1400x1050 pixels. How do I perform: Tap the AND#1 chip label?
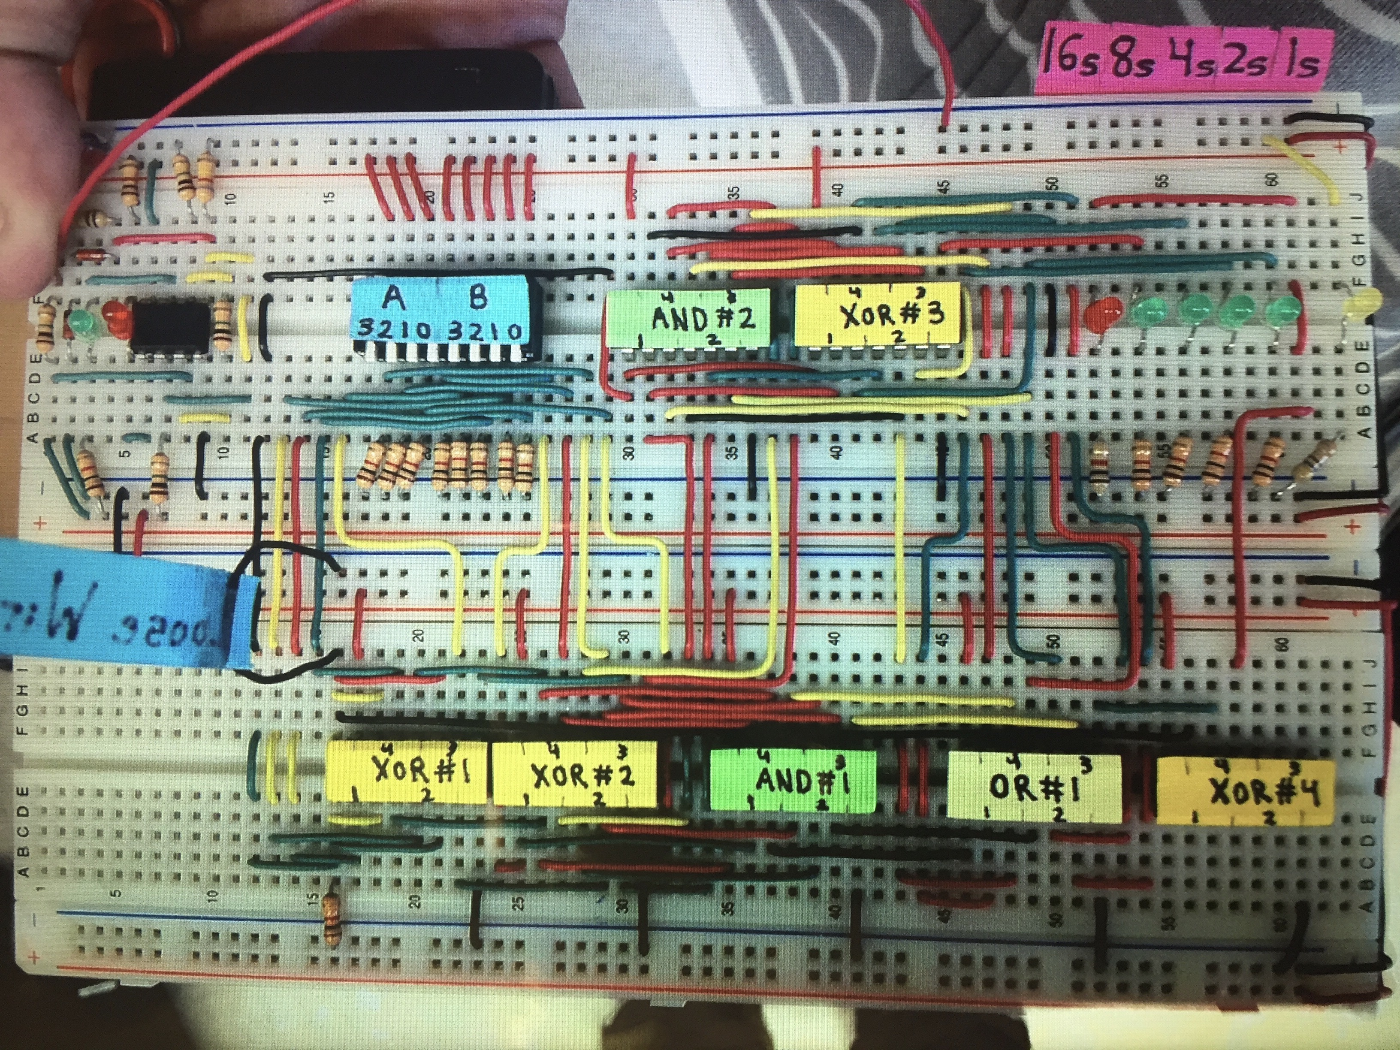(794, 781)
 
